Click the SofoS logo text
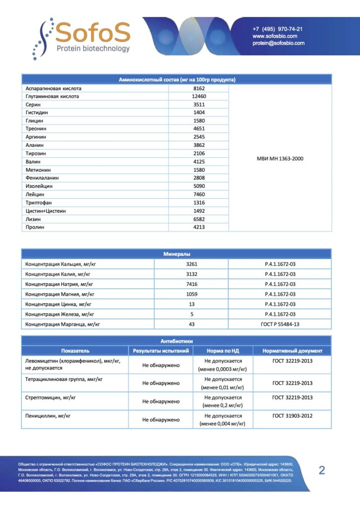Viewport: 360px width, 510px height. pyautogui.click(x=93, y=32)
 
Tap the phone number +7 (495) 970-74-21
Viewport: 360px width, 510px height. pyautogui.click(x=277, y=29)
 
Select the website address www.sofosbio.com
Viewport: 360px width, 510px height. pyautogui.click(x=275, y=36)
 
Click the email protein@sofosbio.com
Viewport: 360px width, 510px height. pyautogui.click(x=278, y=43)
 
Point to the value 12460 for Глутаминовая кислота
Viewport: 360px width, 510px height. pyautogui.click(x=199, y=96)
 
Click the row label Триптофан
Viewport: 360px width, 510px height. pyautogui.click(x=39, y=203)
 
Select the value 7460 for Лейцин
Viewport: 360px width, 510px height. pyautogui.click(x=199, y=194)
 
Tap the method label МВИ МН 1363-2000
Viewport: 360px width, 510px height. pyautogui.click(x=280, y=158)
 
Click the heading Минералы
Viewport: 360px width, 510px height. pyautogui.click(x=176, y=254)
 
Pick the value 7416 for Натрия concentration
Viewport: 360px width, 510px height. pyautogui.click(x=192, y=284)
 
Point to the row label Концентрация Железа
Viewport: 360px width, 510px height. pyautogui.click(x=60, y=314)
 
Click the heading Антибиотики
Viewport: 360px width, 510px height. pyautogui.click(x=176, y=342)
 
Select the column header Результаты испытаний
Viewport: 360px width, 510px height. pyautogui.click(x=161, y=351)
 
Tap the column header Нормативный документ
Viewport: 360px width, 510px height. pyautogui.click(x=292, y=351)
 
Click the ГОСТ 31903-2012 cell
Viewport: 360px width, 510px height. pyautogui.click(x=292, y=416)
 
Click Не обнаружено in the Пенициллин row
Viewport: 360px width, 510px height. pyautogui.click(x=161, y=420)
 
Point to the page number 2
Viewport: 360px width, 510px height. pyautogui.click(x=322, y=470)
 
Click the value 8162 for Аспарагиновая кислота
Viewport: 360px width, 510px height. pyautogui.click(x=199, y=88)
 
